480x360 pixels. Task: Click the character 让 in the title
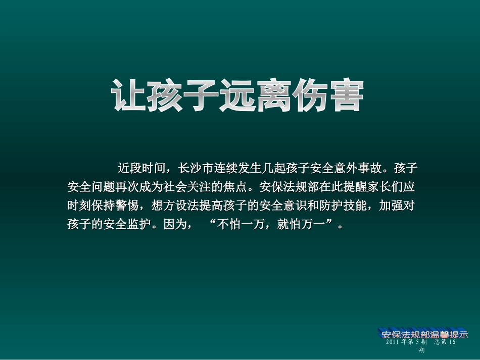[x=128, y=95]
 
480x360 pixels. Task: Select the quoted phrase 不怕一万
[x=240, y=225]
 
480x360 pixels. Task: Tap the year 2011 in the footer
[x=393, y=342]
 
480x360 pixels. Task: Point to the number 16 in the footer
[x=452, y=342]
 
